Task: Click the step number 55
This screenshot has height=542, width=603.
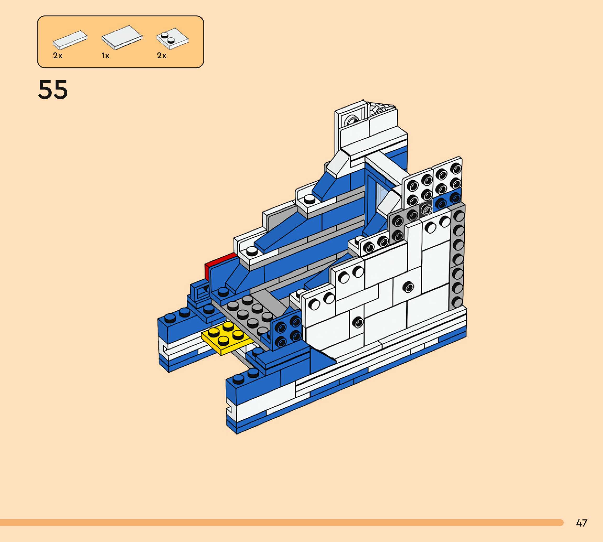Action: pos(53,89)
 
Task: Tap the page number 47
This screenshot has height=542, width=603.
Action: pos(581,523)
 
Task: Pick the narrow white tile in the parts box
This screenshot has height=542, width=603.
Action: pos(70,39)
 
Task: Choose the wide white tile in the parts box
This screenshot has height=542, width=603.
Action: pos(122,37)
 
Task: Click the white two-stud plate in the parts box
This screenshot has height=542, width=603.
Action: pos(173,39)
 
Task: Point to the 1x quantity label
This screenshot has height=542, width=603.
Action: pos(106,56)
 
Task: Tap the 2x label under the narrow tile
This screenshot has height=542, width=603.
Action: pos(58,56)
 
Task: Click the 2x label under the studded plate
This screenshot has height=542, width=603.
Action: pos(162,56)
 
